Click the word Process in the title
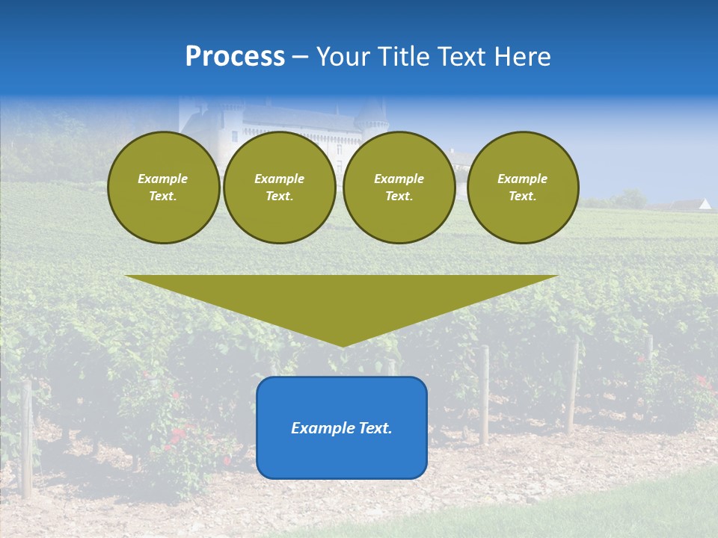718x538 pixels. click(235, 57)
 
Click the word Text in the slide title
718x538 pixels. click(466, 57)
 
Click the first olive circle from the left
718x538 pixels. click(163, 188)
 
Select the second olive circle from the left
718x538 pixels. click(279, 188)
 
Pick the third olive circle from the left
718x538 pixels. click(399, 188)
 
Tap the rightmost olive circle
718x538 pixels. click(522, 188)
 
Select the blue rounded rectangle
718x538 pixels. click(342, 448)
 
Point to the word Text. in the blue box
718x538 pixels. click(375, 428)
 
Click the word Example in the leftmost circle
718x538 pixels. click(163, 179)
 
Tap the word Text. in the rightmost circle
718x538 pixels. click(522, 197)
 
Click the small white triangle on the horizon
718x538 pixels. click(705, 203)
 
